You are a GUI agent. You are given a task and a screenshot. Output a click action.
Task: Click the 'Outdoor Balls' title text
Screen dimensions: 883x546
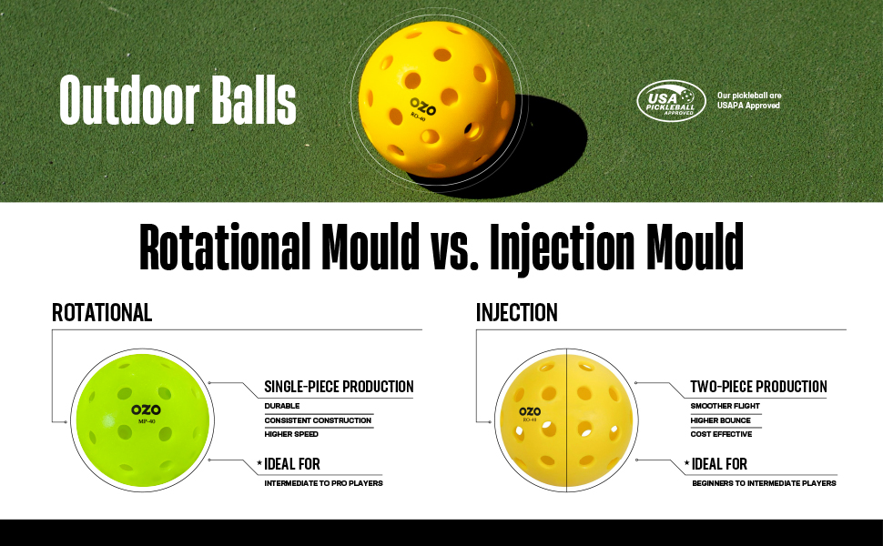178,99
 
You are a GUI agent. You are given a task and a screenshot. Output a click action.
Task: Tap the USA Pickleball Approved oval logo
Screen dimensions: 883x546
671,101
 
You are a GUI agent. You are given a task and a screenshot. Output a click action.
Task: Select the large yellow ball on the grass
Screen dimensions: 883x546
437,99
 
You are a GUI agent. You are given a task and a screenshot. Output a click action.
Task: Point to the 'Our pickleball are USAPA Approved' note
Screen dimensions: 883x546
749,100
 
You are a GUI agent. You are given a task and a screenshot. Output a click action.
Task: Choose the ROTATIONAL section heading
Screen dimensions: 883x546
102,312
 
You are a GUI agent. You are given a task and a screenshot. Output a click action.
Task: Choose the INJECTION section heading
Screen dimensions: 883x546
517,312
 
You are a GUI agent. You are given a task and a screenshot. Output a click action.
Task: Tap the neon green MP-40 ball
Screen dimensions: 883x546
143,420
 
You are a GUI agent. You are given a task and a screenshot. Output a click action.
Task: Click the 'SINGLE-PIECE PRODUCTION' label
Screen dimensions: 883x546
339,387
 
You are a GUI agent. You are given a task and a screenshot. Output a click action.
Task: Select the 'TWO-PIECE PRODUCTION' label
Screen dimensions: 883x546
758,387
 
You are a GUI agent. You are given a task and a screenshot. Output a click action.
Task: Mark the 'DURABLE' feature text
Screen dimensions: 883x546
282,406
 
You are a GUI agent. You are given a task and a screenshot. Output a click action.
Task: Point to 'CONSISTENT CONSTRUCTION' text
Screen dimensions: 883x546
319,420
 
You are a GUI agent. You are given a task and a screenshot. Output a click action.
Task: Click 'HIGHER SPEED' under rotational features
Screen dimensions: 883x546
291,435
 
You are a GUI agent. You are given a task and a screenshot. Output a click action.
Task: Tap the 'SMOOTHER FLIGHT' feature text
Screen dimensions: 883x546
726,406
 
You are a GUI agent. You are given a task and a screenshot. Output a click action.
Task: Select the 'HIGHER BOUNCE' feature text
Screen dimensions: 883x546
721,420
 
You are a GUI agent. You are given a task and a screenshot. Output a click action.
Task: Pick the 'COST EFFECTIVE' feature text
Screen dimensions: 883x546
721,435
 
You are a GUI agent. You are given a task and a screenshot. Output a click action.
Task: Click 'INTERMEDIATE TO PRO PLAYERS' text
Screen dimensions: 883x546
324,483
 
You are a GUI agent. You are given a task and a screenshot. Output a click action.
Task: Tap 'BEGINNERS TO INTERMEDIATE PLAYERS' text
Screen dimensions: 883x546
764,483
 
